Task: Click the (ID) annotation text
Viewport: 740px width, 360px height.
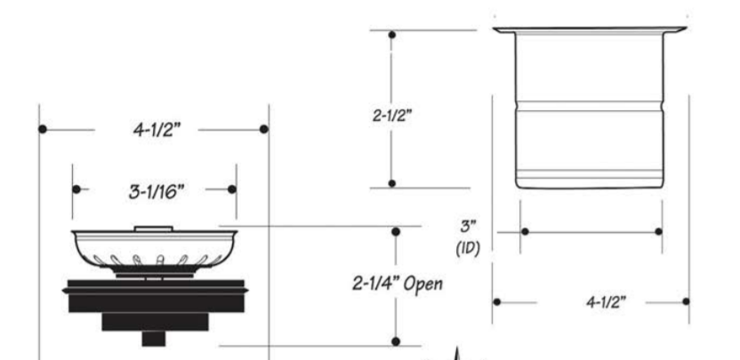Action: tap(465, 250)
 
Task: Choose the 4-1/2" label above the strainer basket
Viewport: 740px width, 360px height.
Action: tap(153, 129)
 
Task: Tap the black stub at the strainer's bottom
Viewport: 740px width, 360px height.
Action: tap(154, 339)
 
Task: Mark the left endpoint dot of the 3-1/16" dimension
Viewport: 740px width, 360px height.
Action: tap(76, 189)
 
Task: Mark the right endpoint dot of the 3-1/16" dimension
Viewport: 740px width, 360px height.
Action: tap(233, 189)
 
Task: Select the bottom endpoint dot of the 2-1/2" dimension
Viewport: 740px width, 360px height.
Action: tap(393, 183)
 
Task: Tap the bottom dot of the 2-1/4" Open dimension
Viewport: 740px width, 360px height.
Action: tap(396, 342)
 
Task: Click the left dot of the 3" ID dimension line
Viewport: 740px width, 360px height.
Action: tap(525, 231)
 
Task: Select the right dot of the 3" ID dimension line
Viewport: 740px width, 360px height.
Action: tap(658, 231)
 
